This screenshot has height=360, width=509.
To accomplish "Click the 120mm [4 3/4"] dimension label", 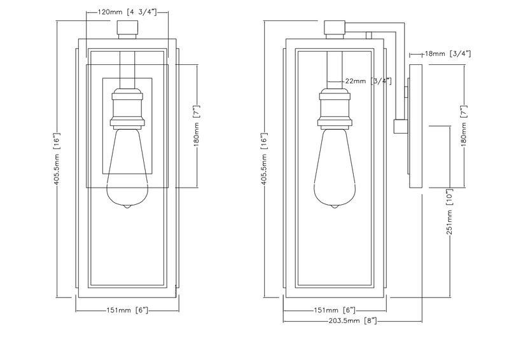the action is (127, 12).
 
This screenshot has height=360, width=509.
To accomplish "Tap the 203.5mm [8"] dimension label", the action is (352, 321).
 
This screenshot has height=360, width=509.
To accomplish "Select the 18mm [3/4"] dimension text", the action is (448, 53).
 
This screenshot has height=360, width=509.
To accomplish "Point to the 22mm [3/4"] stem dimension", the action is (368, 81).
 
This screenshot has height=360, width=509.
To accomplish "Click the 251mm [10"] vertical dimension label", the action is (449, 211).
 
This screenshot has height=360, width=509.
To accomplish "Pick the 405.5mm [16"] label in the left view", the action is (57, 159).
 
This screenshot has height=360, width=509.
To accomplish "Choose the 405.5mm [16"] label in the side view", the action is (264, 159).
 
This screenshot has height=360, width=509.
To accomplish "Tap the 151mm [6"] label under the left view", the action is (127, 310).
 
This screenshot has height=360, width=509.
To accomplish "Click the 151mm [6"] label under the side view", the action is (335, 310).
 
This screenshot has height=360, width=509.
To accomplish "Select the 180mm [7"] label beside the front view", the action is (197, 126).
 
